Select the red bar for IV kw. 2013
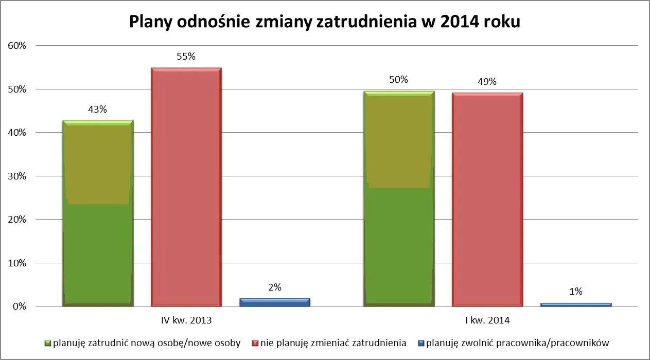pyautogui.click(x=186, y=187)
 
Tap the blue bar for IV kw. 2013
pyautogui.click(x=275, y=302)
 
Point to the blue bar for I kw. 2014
pyautogui.click(x=576, y=304)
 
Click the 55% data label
pyautogui.click(x=186, y=57)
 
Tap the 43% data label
pyautogui.click(x=97, y=110)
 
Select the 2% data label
pyautogui.click(x=275, y=287)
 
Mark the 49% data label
pyautogui.click(x=487, y=82)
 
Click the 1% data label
pyautogui.click(x=576, y=292)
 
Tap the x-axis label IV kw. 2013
pyautogui.click(x=186, y=320)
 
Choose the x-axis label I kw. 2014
pyautogui.click(x=487, y=320)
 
